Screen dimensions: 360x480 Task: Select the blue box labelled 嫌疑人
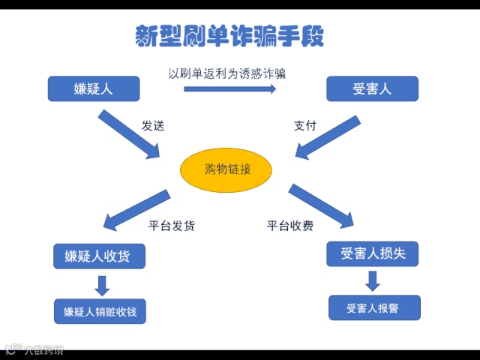click(94, 89)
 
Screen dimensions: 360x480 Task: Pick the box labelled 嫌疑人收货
click(98, 256)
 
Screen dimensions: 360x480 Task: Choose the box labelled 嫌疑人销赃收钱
click(100, 311)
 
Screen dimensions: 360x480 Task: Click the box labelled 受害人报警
click(373, 308)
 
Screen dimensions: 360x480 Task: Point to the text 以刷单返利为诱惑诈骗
click(226, 73)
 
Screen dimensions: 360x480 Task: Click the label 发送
click(153, 126)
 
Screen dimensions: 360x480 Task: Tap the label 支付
click(304, 126)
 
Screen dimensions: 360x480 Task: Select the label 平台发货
click(172, 226)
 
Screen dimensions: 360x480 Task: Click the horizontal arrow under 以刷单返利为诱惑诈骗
click(230, 89)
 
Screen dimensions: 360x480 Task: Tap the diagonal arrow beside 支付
click(328, 136)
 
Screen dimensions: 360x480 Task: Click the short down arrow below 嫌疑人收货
click(103, 285)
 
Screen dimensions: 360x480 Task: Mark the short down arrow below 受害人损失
click(373, 281)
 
